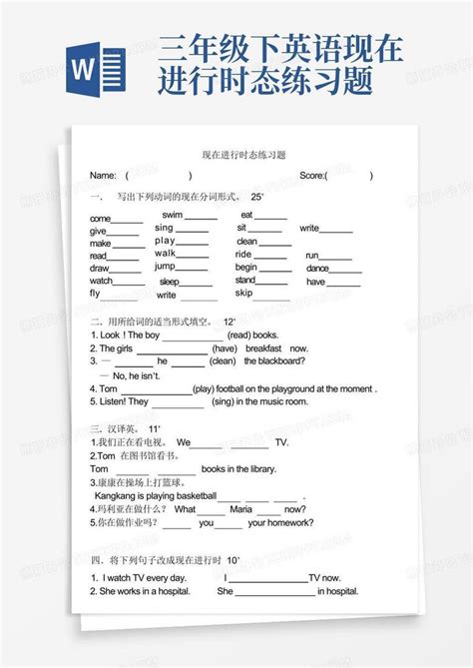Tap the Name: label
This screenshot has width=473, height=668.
(x=103, y=176)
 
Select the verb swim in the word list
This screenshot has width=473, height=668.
(x=172, y=215)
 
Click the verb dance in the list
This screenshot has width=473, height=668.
(x=317, y=269)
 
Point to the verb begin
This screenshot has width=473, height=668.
(x=245, y=268)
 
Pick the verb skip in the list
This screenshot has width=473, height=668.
(x=243, y=294)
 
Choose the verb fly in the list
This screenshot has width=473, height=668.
(x=95, y=294)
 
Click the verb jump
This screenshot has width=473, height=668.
(x=165, y=267)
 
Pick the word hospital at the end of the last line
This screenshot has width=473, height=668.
(x=339, y=591)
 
